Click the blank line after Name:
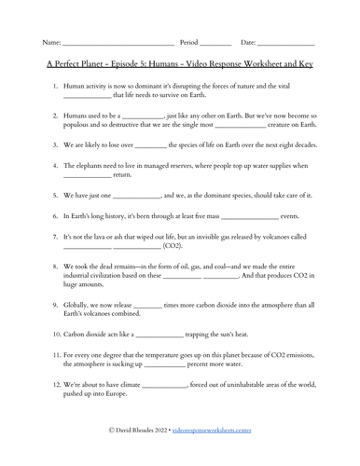[x=118, y=44]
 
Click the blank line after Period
[x=215, y=44]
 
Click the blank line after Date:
[x=285, y=44]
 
